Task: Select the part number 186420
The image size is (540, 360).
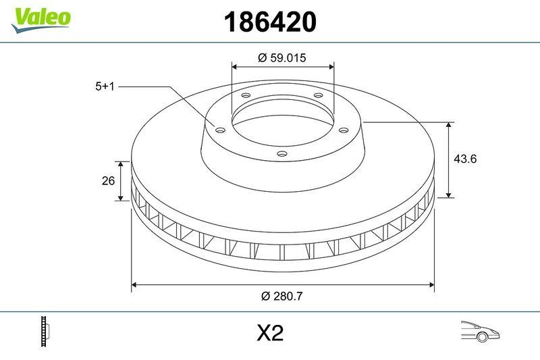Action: click(x=269, y=22)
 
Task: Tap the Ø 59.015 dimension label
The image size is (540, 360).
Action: click(x=282, y=58)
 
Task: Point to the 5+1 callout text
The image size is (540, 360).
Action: click(x=107, y=86)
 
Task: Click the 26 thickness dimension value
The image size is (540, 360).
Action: click(x=107, y=181)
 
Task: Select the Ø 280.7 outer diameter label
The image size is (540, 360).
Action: click(x=282, y=296)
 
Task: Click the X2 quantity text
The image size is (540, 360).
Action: click(x=269, y=333)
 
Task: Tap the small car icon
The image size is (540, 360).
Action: click(x=479, y=332)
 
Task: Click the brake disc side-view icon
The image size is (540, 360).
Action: click(x=46, y=332)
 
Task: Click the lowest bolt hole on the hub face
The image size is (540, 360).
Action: click(x=282, y=155)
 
